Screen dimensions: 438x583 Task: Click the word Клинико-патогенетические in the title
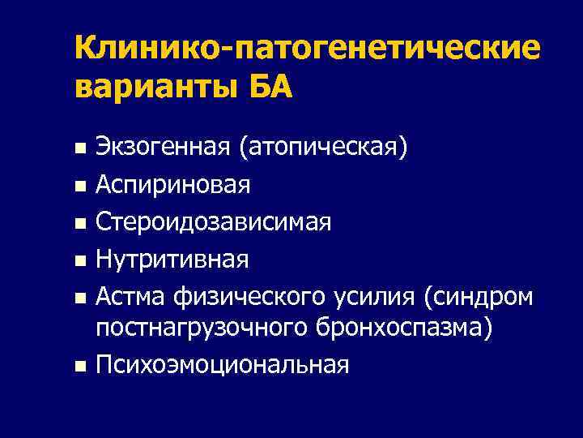[306, 48]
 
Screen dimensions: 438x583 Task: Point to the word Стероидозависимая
[213, 222]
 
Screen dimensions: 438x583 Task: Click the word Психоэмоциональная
[223, 366]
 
